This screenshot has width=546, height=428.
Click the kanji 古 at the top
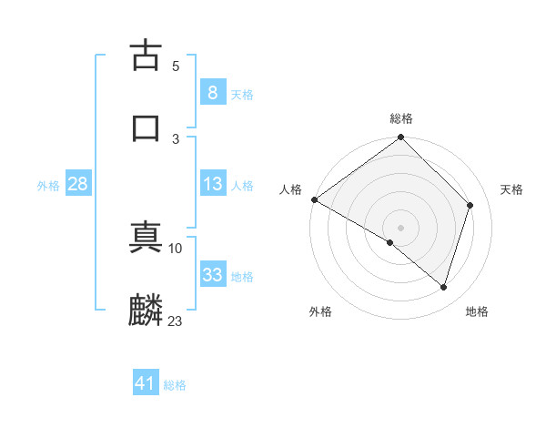point(146,56)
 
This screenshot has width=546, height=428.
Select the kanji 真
point(146,239)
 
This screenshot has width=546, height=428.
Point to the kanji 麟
point(146,311)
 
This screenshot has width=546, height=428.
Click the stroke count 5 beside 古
point(176,66)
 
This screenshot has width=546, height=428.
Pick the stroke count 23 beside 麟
point(175,320)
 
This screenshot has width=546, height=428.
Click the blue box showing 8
point(212,93)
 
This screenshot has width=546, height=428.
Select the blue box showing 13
point(212,184)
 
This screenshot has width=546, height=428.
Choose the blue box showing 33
point(212,275)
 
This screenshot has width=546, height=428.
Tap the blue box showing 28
point(77,184)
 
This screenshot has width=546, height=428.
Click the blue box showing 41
point(146,383)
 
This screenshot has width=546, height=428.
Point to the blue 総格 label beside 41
point(175,385)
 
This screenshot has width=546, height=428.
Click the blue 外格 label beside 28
point(48,186)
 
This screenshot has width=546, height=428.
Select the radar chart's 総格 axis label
point(401,119)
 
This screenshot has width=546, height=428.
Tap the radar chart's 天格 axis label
point(512,189)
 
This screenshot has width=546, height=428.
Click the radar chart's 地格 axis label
point(477,312)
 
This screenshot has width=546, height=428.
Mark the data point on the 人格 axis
point(314,199)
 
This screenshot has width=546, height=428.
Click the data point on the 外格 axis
point(390,242)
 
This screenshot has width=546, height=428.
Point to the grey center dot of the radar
point(401,227)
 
